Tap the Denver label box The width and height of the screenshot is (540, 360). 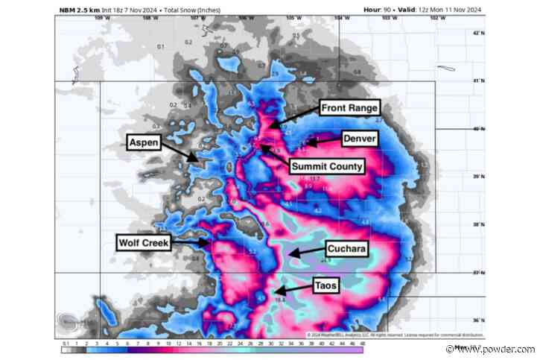[359, 139]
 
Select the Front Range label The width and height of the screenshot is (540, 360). [349, 108]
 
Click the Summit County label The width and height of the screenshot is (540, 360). [326, 166]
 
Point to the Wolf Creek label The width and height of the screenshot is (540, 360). [142, 242]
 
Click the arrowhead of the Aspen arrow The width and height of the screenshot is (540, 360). [198, 159]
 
